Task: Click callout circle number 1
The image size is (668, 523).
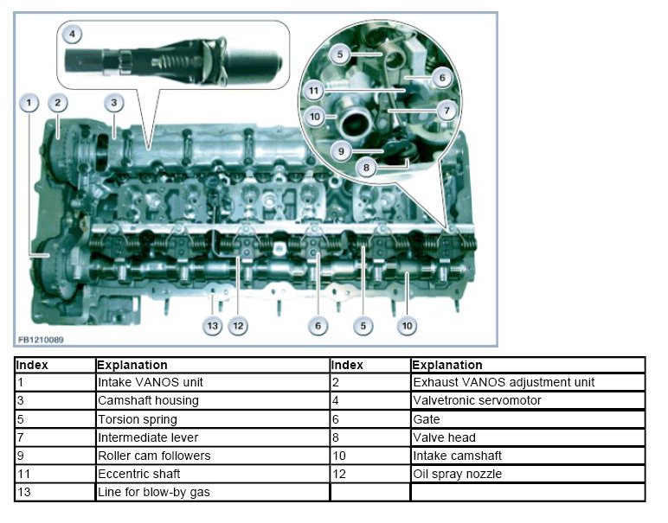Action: coord(29,103)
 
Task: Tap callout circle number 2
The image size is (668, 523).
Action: coord(58,103)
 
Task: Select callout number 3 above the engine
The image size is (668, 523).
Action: coord(113,103)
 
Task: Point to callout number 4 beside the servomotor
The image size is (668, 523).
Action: coord(74,35)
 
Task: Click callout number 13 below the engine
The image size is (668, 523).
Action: coord(213,326)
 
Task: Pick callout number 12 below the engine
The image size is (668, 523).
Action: coord(238,326)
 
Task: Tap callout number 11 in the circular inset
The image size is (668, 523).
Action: coord(313,90)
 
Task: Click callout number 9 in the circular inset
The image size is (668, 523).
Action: coord(341,150)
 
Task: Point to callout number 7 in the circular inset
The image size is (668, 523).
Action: coord(446,112)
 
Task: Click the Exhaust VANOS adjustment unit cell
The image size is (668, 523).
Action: coord(503,382)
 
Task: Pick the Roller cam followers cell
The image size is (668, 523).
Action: coord(154,456)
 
